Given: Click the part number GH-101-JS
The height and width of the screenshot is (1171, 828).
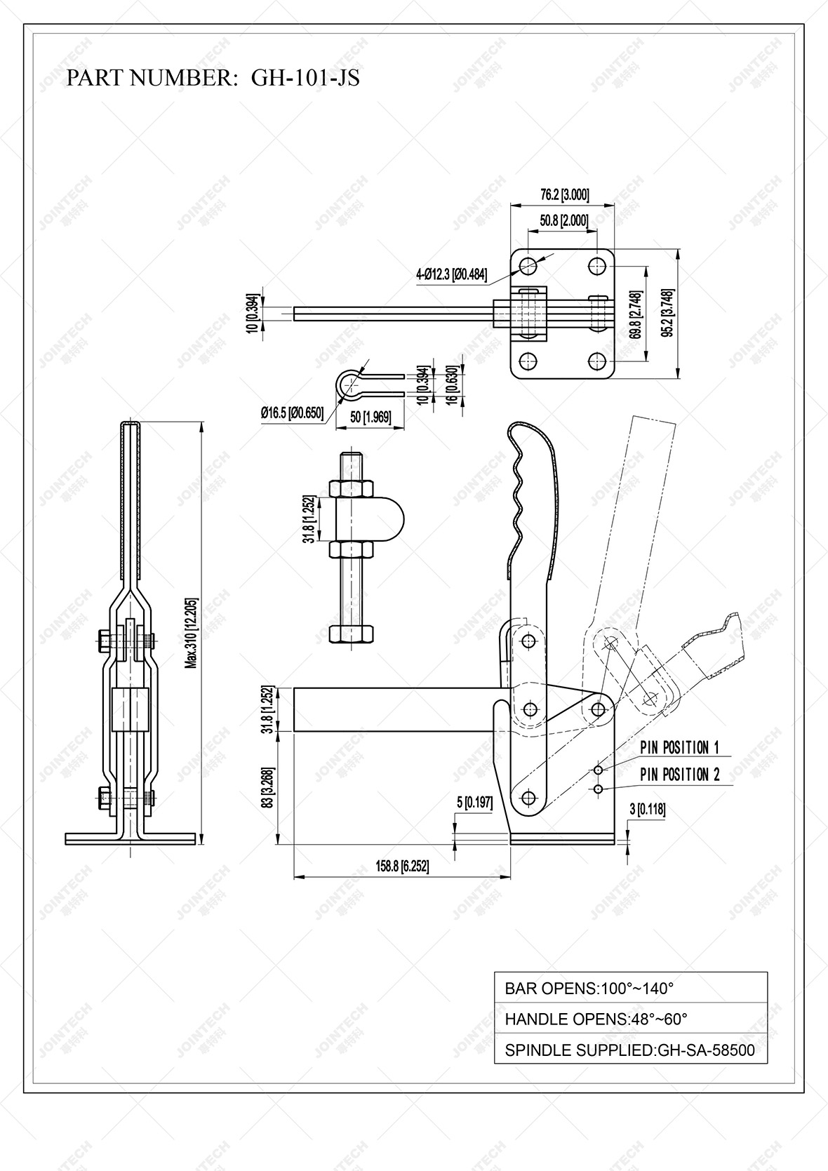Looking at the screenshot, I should click(x=305, y=78).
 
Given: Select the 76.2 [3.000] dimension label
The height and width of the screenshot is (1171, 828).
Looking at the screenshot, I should click(x=564, y=194).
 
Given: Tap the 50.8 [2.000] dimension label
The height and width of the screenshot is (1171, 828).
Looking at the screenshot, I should click(x=563, y=220).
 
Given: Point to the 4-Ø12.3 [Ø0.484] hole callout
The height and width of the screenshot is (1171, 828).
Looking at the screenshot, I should click(x=451, y=274).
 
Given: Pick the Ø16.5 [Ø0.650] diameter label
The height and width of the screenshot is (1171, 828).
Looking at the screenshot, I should click(x=292, y=413).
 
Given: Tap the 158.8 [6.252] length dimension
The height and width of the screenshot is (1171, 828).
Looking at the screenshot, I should click(x=402, y=866).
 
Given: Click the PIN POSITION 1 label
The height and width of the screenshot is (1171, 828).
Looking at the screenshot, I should click(x=679, y=748).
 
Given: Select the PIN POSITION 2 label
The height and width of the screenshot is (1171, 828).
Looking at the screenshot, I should click(x=679, y=775).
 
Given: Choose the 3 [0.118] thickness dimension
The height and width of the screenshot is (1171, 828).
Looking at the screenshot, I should click(x=647, y=810).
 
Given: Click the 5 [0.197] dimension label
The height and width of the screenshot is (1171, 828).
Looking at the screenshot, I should click(x=475, y=803).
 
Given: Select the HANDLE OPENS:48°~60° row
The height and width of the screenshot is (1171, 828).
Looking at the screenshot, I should click(x=630, y=1019).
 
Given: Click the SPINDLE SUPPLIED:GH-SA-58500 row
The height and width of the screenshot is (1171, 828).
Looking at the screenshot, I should click(x=630, y=1050).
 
